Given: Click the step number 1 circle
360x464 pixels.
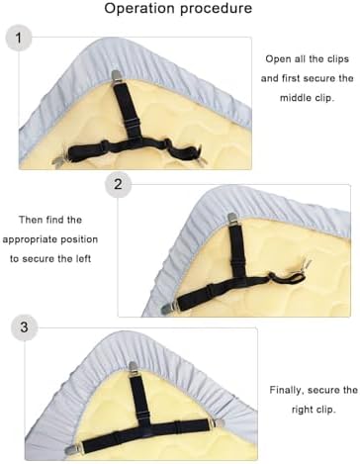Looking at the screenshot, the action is click(x=19, y=38).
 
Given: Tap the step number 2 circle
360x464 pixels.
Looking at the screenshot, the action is click(x=118, y=184).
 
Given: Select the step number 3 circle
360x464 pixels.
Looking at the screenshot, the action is click(x=24, y=327).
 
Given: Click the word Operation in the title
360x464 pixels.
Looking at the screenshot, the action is click(x=139, y=9).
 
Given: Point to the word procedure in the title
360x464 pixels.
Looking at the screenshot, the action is click(x=216, y=9).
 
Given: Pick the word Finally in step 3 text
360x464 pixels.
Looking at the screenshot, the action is click(x=286, y=391).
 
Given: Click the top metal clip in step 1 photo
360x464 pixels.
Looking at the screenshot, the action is click(x=116, y=76).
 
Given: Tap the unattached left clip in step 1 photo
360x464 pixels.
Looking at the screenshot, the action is click(x=60, y=162).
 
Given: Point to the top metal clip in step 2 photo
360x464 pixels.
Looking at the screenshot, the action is click(x=231, y=219).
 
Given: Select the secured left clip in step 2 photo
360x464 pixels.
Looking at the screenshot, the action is click(x=169, y=308).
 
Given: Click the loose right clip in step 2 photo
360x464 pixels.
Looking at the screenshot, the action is click(x=306, y=264).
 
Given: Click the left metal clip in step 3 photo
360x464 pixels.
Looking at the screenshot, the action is click(x=74, y=447).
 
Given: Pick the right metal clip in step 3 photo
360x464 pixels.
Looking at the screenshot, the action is click(x=216, y=423).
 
